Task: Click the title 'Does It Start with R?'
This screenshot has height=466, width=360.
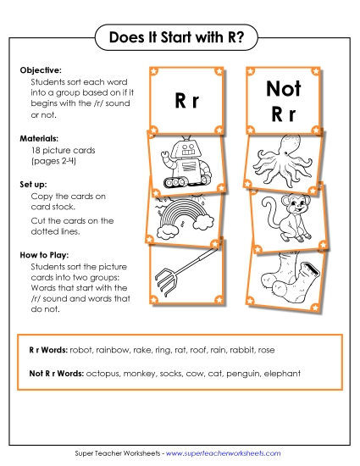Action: pyautogui.click(x=179, y=38)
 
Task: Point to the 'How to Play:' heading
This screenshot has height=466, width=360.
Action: pyautogui.click(x=45, y=252)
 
